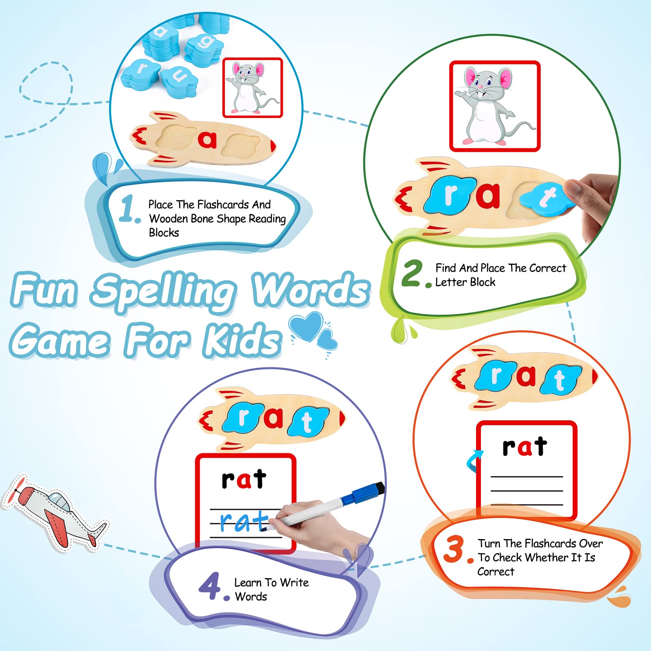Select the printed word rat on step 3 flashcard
(525, 446)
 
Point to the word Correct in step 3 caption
(496, 572)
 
